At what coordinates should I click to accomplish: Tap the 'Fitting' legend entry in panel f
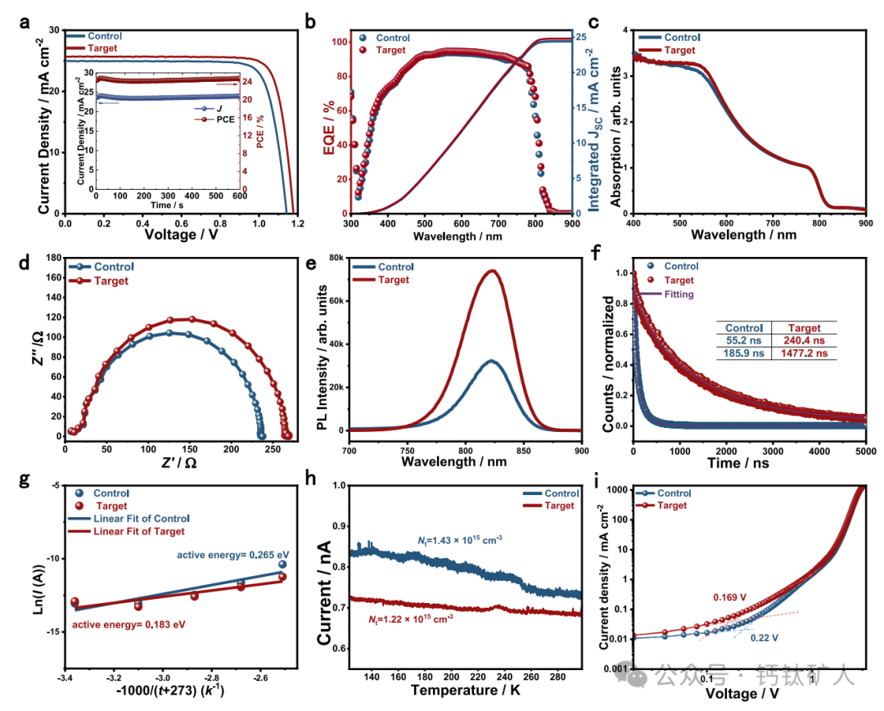(679, 295)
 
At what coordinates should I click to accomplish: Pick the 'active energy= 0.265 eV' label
(234, 554)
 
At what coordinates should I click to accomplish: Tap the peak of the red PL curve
(492, 271)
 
